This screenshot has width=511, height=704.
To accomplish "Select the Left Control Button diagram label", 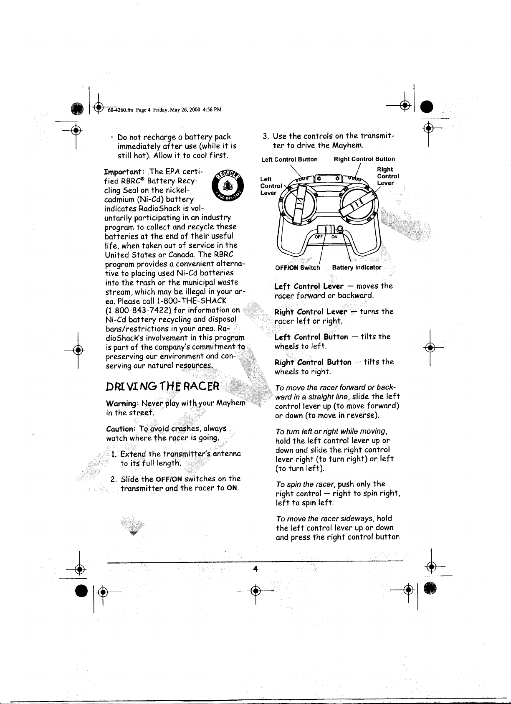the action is [289, 159].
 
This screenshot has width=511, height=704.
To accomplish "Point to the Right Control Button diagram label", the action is [364, 159].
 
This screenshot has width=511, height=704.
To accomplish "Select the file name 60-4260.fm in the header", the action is [120, 110].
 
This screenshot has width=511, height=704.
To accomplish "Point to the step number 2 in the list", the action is [113, 479].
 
